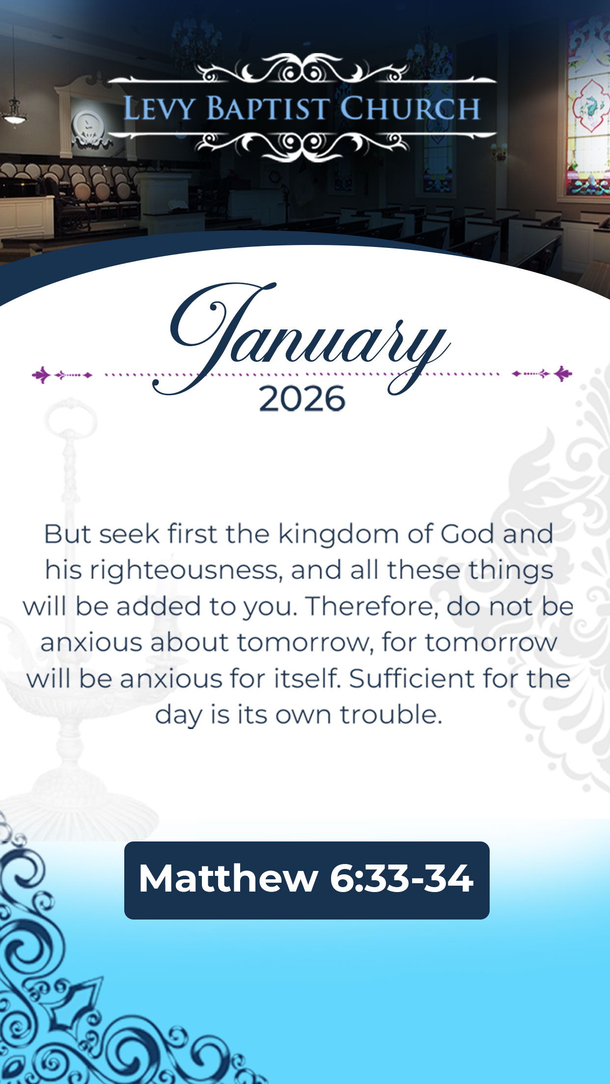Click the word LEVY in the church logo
point(158,108)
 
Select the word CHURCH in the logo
point(410,108)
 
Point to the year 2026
point(302,399)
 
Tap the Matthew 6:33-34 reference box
point(307,880)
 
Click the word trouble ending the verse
point(391,715)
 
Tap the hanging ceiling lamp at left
point(15,112)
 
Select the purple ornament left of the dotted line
point(62,375)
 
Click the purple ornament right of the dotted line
point(542,374)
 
